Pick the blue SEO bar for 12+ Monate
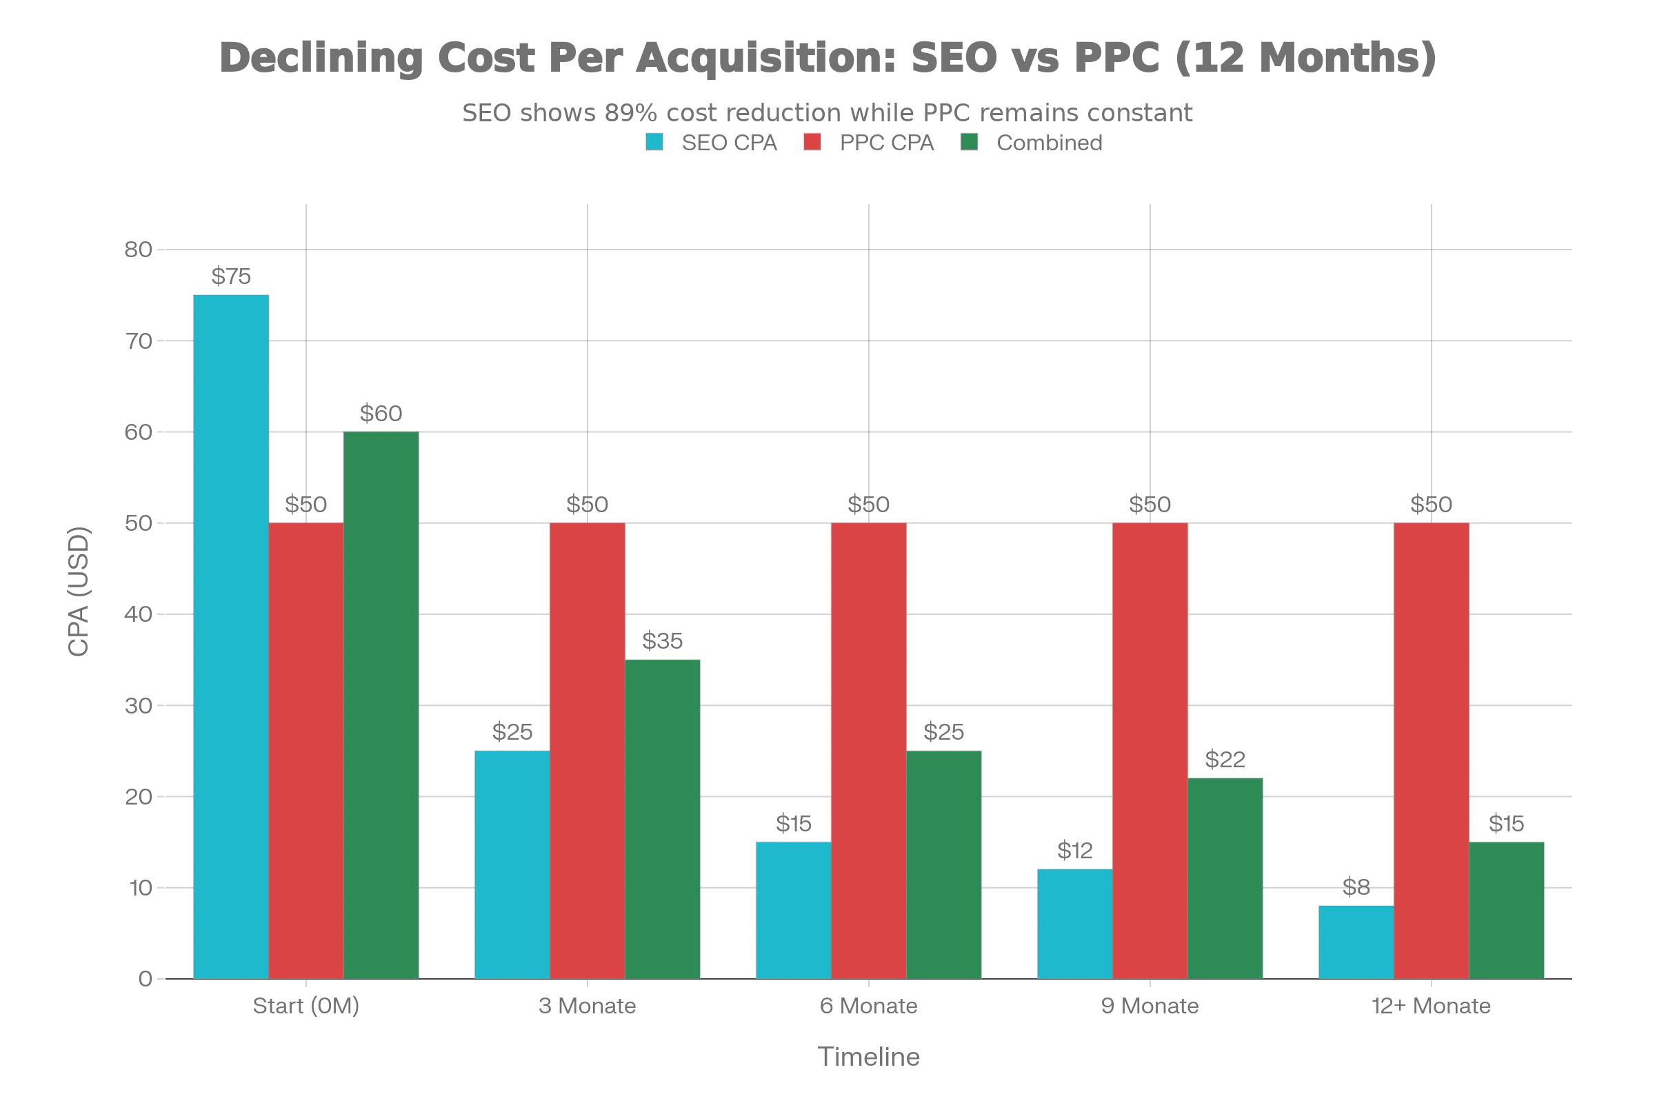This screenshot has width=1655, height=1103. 1355,942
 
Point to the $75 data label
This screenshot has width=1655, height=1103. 231,276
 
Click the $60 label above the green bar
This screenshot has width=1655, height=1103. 381,413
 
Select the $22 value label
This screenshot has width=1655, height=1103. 1225,759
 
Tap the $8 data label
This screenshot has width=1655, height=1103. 1356,887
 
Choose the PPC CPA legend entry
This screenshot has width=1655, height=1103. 870,143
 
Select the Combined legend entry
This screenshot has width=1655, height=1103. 1032,143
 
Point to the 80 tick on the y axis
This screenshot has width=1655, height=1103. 139,250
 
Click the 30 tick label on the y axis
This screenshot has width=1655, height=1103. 139,705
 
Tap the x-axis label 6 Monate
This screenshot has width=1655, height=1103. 868,1006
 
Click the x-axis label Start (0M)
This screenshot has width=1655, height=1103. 306,1006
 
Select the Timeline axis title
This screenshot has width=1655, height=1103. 868,1057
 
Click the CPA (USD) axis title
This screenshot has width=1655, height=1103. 79,591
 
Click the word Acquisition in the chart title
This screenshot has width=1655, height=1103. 765,58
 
